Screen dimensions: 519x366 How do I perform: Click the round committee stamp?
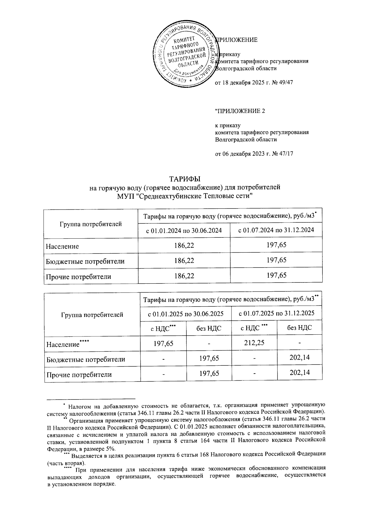coord(186,54)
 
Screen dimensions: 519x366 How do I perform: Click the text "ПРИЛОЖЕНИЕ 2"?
coord(240,111)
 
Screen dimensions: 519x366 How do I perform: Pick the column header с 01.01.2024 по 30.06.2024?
coord(184,230)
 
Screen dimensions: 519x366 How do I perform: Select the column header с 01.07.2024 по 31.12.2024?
coord(276,230)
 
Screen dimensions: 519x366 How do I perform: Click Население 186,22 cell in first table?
coord(184,245)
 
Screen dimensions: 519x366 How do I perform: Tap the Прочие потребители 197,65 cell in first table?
coord(276,276)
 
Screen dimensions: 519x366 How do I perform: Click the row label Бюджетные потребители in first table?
coord(85,261)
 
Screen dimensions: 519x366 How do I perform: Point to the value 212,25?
coord(254,343)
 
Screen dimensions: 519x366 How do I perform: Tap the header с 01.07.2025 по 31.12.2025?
coord(276,313)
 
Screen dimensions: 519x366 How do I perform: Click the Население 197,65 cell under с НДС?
coord(163,343)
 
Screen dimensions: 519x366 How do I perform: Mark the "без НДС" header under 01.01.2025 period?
coord(209,328)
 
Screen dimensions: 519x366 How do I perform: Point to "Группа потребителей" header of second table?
coord(92,315)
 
